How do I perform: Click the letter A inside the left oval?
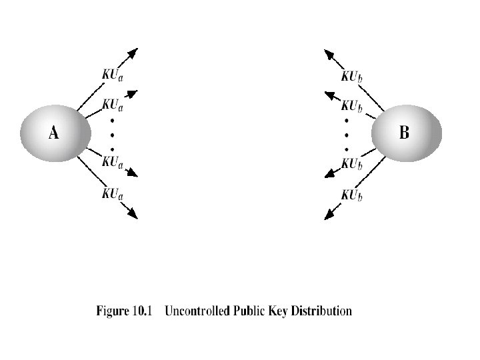pos(53,133)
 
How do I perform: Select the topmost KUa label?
pos(112,75)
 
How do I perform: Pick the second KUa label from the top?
pos(112,105)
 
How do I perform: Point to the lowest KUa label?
pos(112,194)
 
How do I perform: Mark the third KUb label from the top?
pos(351,163)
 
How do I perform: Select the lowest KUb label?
pos(351,195)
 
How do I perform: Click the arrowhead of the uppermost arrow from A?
pos(133,53)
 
